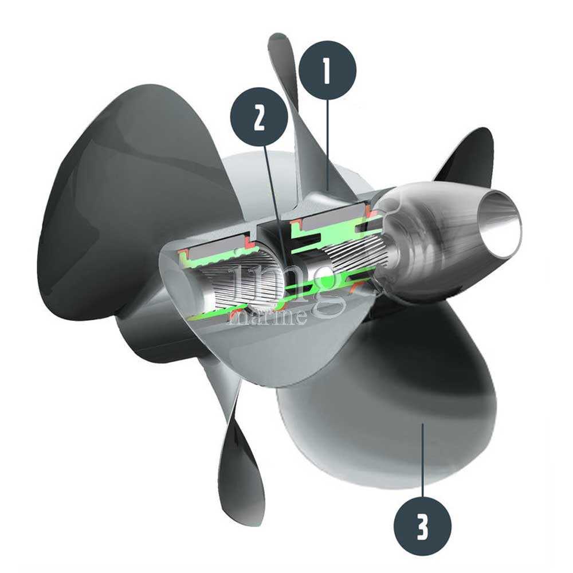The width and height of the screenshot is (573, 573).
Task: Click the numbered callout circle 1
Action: pos(327,70)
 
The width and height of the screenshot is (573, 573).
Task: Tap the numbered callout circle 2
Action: pos(259,116)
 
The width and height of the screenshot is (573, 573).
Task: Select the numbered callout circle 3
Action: pos(422,525)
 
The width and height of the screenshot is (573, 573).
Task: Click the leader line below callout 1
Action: pos(328,144)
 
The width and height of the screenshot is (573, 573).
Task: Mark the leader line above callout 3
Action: pos(423,460)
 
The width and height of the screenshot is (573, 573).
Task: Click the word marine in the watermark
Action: pos(267,317)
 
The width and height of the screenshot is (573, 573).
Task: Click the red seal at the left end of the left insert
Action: pos(183,253)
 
